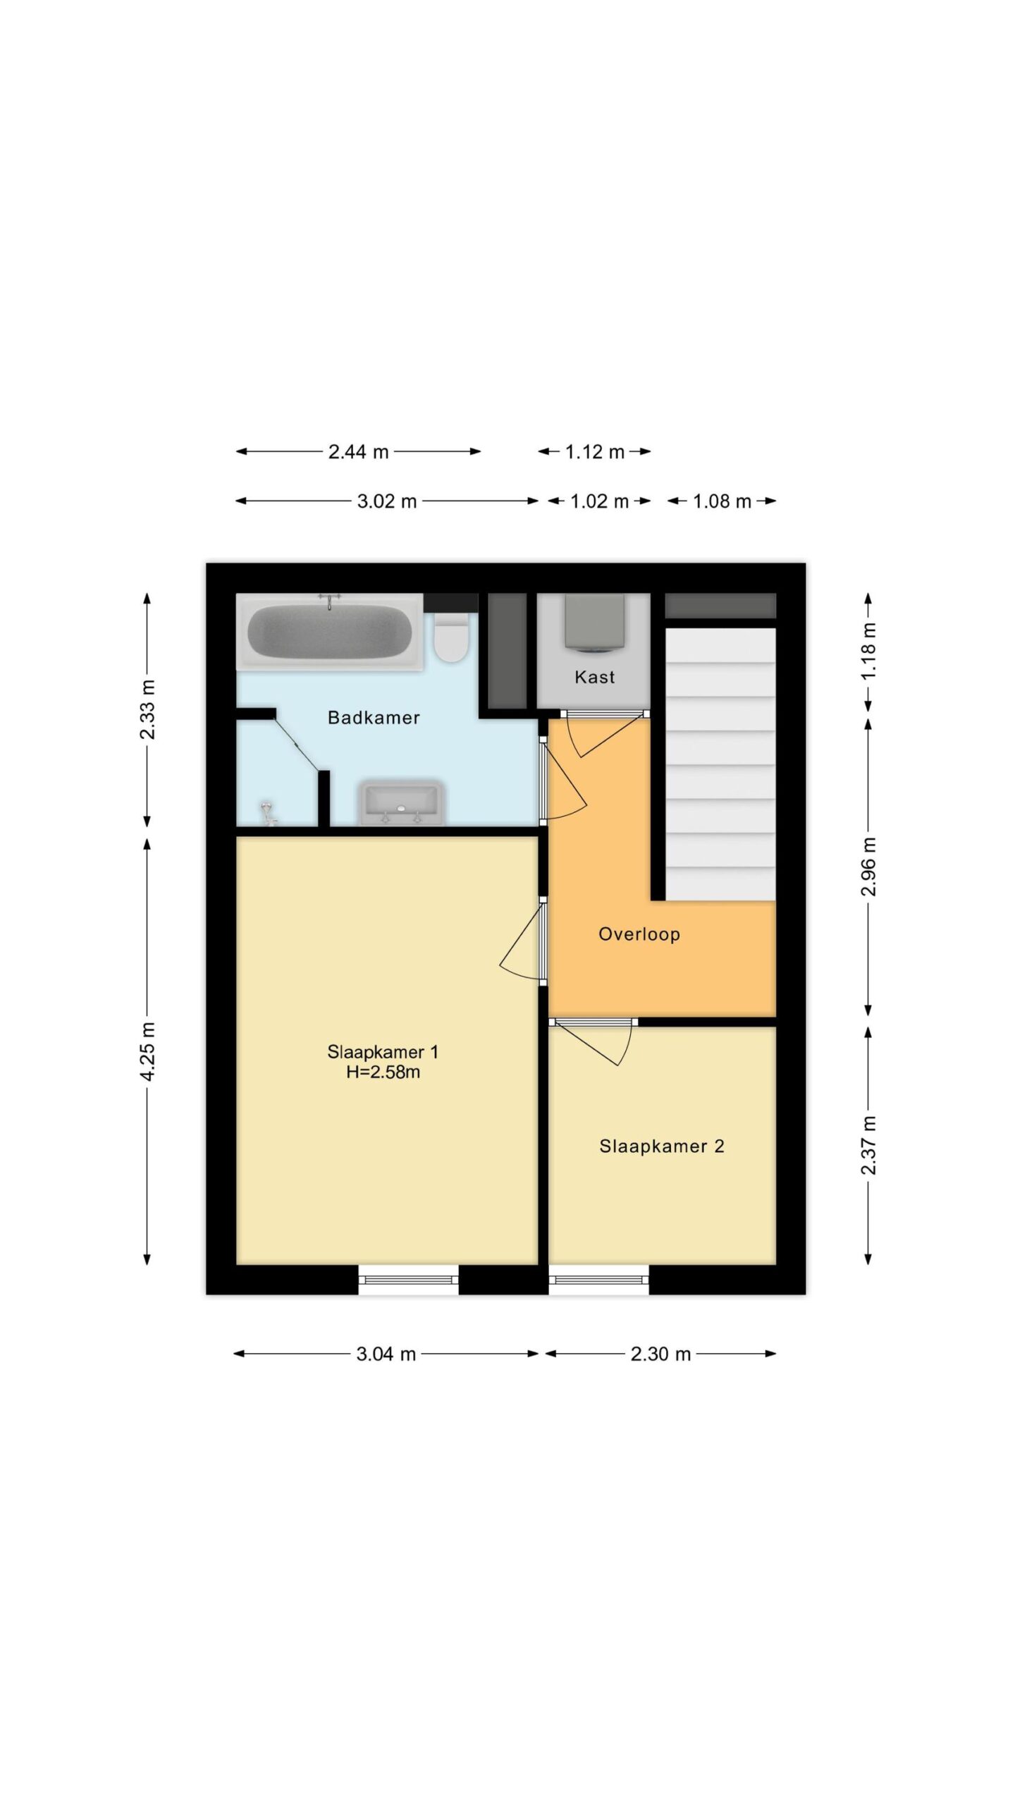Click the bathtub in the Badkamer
click(329, 631)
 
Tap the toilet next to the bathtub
click(451, 637)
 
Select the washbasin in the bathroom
click(402, 802)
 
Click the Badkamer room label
click(374, 718)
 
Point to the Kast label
click(594, 678)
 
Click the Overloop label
click(639, 934)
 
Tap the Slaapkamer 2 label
click(662, 1146)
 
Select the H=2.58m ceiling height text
click(383, 1072)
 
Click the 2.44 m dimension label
click(358, 452)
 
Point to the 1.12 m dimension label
click(594, 452)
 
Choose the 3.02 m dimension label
click(387, 501)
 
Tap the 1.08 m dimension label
click(722, 501)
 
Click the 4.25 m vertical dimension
click(147, 1051)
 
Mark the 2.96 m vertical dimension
click(868, 867)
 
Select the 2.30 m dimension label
click(660, 1354)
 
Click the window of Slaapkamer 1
click(408, 1279)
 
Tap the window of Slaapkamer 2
click(598, 1279)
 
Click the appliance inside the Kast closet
click(594, 621)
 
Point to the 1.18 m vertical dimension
click(868, 651)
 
